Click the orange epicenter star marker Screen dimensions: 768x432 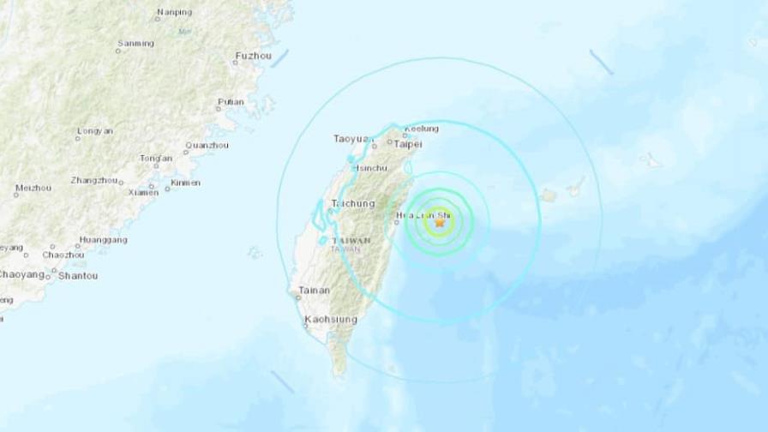click(441, 222)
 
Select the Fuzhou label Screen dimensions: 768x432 click(253, 57)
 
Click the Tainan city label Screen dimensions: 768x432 click(314, 291)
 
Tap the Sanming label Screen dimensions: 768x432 click(135, 43)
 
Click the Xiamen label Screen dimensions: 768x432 click(143, 192)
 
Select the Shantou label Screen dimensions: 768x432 click(78, 276)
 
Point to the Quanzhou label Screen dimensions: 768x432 click(207, 145)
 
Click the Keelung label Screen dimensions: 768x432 click(421, 129)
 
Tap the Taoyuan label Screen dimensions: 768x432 click(353, 138)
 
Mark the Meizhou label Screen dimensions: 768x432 click(33, 188)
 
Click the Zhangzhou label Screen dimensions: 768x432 click(93, 180)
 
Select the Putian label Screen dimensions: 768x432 click(231, 102)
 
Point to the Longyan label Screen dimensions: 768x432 click(94, 130)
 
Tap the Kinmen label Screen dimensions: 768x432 click(185, 183)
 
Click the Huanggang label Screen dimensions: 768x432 click(102, 240)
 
